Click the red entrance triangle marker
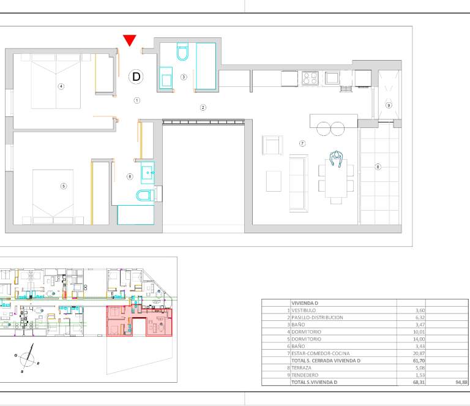[x=130, y=40]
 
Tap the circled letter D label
[x=136, y=77]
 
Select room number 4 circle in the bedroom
[x=61, y=86]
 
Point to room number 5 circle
[x=64, y=186]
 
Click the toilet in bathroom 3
[x=182, y=51]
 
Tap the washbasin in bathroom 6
[x=147, y=173]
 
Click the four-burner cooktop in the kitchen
[x=310, y=78]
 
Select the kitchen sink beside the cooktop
[x=332, y=78]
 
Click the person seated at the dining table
[x=337, y=159]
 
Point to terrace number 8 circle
[x=378, y=167]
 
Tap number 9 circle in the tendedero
[x=389, y=105]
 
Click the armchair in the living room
[x=272, y=145]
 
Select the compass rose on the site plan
[x=27, y=358]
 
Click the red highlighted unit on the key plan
[x=140, y=321]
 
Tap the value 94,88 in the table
[x=461, y=382]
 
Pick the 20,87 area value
[x=419, y=353]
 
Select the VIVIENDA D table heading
[x=305, y=303]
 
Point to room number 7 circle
[x=302, y=144]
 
